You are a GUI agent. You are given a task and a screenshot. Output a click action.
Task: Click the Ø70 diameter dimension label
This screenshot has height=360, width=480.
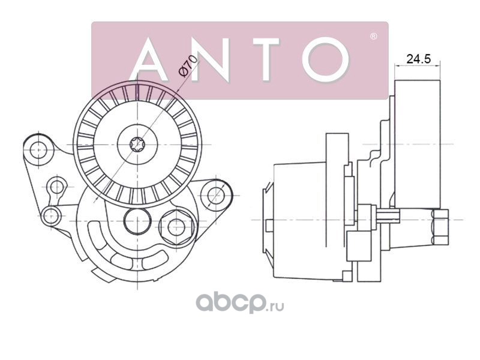pyautogui.click(x=188, y=65)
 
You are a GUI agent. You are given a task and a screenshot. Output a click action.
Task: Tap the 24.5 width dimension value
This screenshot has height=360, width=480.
pyautogui.click(x=418, y=58)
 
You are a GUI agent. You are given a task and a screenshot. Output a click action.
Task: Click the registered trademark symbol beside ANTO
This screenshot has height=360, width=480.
pyautogui.click(x=373, y=37)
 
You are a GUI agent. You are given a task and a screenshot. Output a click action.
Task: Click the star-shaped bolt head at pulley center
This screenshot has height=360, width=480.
pyautogui.click(x=137, y=144)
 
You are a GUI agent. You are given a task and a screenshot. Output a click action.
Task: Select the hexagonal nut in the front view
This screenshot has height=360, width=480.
pyautogui.click(x=177, y=227)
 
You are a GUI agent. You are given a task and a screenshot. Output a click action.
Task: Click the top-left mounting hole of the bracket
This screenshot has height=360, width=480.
pyautogui.click(x=38, y=151)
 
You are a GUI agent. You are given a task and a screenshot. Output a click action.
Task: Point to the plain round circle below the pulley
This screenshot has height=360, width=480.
pyautogui.click(x=137, y=221)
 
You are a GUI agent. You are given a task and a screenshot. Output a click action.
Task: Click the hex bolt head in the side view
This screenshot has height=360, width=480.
pyautogui.click(x=441, y=227)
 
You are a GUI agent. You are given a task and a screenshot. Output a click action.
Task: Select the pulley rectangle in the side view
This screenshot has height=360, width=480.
pyautogui.click(x=418, y=145)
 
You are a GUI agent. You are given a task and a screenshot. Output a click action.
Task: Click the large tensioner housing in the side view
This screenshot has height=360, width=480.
pyautogui.click(x=299, y=221)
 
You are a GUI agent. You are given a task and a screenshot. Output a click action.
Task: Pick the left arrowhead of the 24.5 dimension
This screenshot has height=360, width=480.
pyautogui.click(x=397, y=65)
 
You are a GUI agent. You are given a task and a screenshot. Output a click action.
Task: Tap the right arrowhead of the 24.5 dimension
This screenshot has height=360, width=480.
pyautogui.click(x=438, y=65)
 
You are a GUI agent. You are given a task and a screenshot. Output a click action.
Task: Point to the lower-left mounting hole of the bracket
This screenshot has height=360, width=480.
pyautogui.click(x=51, y=216)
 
